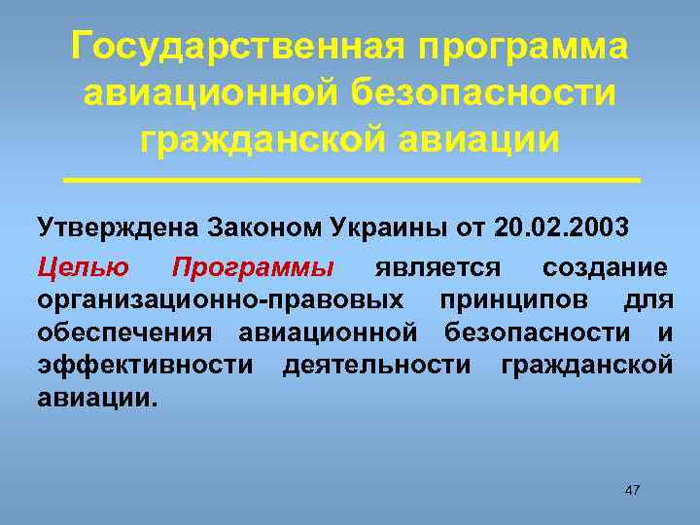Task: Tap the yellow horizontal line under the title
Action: pos(350,181)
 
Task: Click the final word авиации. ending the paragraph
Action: pos(96,398)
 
